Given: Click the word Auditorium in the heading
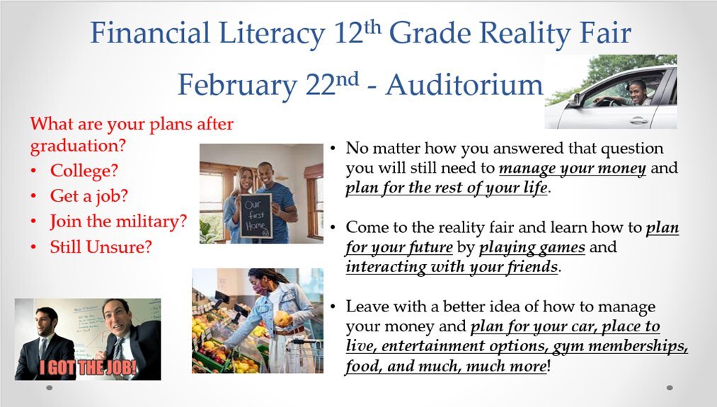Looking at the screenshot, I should pos(464,85).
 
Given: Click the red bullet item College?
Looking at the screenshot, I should pos(84,171).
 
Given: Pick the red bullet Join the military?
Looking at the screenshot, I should pos(118,221).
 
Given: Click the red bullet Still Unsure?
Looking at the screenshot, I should pos(101,246).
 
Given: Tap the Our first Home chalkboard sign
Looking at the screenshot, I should pos(256,215).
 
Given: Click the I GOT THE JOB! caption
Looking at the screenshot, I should pos(88,367).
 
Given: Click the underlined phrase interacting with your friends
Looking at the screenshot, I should pos(452,267).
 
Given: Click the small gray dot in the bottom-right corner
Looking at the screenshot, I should pos(670,388).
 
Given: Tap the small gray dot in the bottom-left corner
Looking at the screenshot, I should pos(49,388).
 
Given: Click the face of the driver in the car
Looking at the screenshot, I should pos(638,89).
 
